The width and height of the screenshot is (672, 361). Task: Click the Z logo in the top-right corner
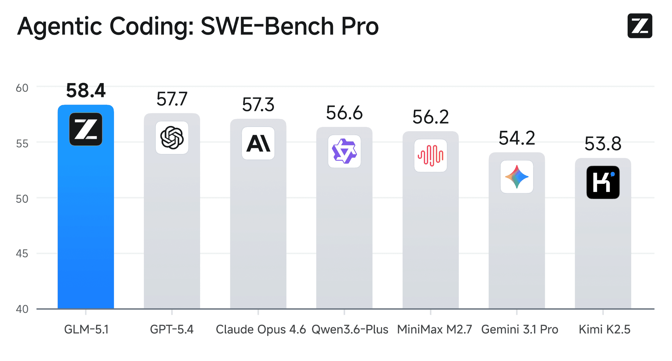tap(639, 26)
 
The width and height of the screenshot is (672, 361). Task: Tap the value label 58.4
tap(86, 91)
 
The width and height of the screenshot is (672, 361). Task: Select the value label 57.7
tap(172, 99)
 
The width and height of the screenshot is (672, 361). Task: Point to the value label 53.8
tap(603, 144)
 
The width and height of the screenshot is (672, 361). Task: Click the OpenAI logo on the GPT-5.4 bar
tap(172, 138)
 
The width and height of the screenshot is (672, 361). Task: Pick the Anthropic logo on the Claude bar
tap(258, 143)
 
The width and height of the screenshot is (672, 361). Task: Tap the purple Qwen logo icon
tap(344, 151)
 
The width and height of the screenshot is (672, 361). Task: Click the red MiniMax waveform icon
tap(431, 156)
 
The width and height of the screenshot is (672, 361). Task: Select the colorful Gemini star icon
tap(517, 177)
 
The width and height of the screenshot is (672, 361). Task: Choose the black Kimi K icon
tap(603, 182)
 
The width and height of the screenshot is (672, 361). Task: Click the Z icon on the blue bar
tap(86, 129)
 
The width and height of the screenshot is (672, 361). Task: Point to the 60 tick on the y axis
tap(22, 88)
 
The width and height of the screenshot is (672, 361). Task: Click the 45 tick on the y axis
tap(22, 254)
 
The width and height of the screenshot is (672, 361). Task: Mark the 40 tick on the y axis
tap(22, 309)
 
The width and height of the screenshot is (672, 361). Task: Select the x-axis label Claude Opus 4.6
tap(261, 329)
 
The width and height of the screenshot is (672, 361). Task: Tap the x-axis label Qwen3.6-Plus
tap(350, 329)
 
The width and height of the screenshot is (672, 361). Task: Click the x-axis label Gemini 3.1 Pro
tap(520, 329)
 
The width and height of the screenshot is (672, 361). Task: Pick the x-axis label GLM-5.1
tap(86, 329)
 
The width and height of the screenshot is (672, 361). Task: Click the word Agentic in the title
tap(60, 27)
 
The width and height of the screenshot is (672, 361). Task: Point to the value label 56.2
tap(431, 117)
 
